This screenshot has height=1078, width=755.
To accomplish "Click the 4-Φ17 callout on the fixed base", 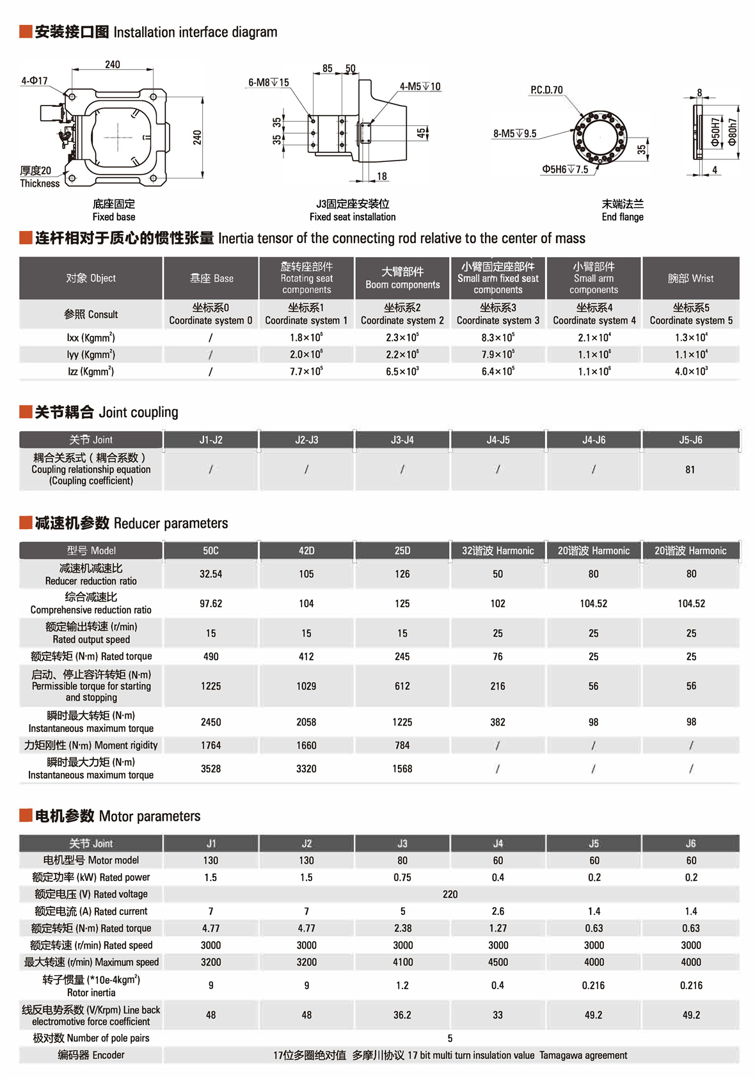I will (35, 81).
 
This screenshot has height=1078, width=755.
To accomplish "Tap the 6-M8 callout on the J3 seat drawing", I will (268, 83).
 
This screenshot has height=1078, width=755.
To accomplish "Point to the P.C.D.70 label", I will (546, 90).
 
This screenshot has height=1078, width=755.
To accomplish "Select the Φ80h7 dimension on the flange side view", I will (733, 132).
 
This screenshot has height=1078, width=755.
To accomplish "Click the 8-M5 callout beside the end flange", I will (514, 134).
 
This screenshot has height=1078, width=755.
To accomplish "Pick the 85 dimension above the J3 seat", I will (327, 68).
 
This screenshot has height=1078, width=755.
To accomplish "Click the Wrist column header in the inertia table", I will (690, 278).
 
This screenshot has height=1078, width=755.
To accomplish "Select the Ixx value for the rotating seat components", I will (306, 337).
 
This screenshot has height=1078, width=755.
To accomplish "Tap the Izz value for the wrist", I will (690, 371).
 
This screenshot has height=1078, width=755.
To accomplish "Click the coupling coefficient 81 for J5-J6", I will (690, 470).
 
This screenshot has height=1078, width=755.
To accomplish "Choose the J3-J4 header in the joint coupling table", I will (402, 440).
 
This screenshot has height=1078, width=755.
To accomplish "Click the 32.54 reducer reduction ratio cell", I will (211, 574).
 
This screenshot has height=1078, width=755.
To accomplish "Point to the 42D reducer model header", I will (306, 550).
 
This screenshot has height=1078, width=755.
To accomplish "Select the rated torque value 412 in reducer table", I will (306, 656).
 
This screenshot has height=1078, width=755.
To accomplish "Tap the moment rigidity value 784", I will (402, 745).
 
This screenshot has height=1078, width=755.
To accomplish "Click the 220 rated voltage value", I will (450, 894).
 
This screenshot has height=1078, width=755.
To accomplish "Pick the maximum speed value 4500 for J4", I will (498, 962).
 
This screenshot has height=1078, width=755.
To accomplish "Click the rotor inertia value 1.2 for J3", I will (402, 985).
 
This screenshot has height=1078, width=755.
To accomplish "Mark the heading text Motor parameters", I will (150, 816).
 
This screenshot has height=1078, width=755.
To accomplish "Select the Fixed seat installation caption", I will (353, 217).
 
